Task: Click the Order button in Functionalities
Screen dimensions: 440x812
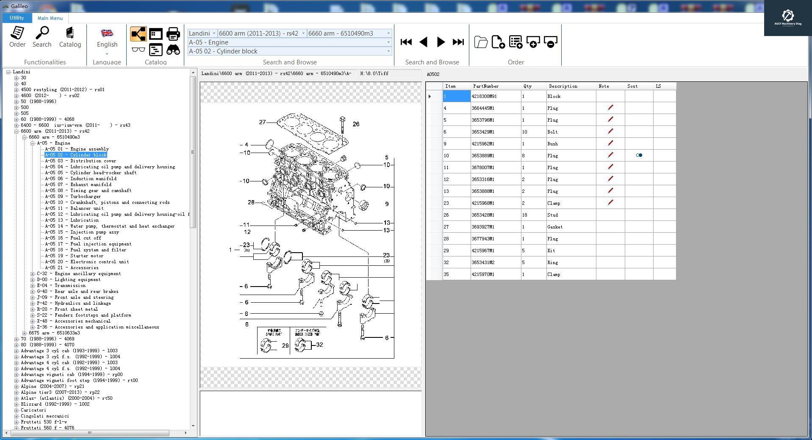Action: click(17, 37)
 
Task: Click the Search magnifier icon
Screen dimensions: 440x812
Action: click(42, 37)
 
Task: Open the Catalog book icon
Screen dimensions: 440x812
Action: click(70, 37)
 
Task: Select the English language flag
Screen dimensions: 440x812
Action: click(107, 33)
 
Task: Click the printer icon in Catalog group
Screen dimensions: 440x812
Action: click(173, 33)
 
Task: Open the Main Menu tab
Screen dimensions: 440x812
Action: click(50, 18)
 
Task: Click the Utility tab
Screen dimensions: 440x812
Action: click(17, 18)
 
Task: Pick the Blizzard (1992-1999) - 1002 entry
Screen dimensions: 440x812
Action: click(55, 404)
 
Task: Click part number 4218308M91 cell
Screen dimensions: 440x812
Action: click(484, 97)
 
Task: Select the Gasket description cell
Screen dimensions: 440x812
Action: click(555, 227)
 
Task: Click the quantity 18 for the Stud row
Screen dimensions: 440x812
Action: click(524, 215)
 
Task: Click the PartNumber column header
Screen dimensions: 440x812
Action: click(486, 86)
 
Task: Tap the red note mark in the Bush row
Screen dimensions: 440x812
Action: click(610, 144)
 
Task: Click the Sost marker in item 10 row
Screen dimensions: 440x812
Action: click(639, 156)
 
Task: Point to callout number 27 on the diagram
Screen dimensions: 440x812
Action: click(262, 123)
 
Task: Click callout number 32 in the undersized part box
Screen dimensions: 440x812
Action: click(319, 345)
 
